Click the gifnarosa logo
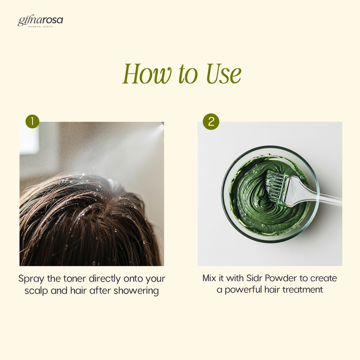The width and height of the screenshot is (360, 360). pos(40,22)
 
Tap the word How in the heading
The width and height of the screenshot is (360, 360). pos(147,73)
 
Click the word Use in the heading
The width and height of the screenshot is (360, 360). pos(224,73)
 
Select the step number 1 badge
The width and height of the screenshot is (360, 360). pos(32,121)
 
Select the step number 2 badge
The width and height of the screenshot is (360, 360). pos(211,121)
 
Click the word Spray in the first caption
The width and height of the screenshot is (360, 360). pos(31,279)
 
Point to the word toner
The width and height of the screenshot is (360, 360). pos(74,279)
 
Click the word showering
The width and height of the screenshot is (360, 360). pos(136,291)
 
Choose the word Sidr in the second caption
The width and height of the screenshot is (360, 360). pos(254,278)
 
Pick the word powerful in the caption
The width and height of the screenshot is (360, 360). pos(243,290)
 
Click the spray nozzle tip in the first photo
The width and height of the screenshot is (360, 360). pos(162,124)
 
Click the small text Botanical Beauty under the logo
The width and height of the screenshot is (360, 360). pos(40,27)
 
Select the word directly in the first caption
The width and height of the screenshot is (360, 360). pos(104,279)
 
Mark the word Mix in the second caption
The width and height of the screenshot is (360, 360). pos(209,278)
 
